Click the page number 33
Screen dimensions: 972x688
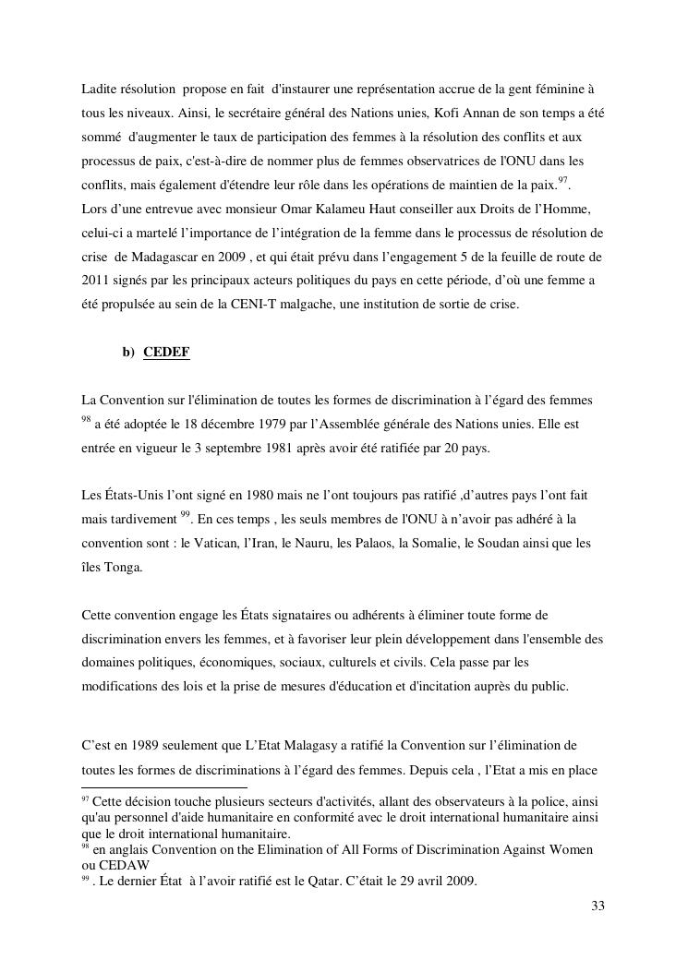point(597,906)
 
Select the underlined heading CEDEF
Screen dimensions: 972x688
point(167,353)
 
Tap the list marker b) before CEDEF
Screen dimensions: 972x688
point(128,353)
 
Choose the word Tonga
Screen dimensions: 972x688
point(123,568)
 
